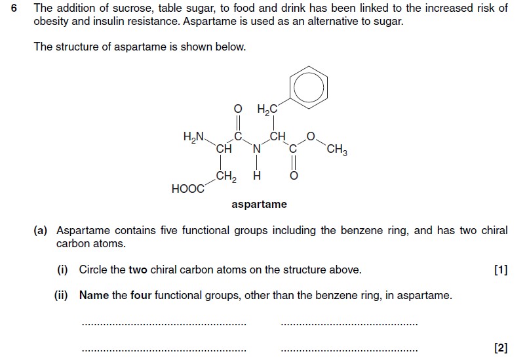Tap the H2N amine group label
(193, 137)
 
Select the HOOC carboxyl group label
(187, 189)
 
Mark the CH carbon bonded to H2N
(224, 149)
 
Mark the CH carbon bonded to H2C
(277, 136)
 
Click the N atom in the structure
(257, 149)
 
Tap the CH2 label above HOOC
(226, 176)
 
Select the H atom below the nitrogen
(257, 176)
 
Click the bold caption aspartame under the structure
(259, 204)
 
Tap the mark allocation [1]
(501, 270)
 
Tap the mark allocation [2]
(501, 348)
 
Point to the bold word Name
(94, 295)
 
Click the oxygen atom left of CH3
(311, 136)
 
